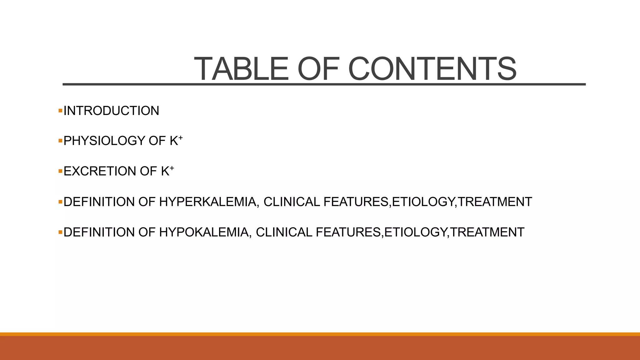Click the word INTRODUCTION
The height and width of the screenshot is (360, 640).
[111, 111]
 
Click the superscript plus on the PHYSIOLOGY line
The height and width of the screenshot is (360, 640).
[181, 137]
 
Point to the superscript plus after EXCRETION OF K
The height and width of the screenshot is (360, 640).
[172, 168]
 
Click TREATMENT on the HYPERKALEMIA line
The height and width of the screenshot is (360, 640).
[495, 202]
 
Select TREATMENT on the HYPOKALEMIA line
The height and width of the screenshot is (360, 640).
[487, 232]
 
